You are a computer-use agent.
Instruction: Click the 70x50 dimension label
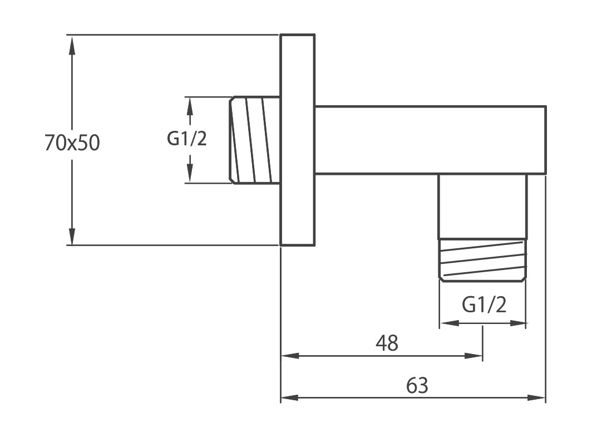pos(72,144)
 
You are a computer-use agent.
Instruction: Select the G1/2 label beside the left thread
pos(186,139)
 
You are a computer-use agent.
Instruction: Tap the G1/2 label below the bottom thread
pos(484,305)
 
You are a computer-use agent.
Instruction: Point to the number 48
pos(387,343)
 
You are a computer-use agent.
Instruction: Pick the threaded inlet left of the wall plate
pos(255,140)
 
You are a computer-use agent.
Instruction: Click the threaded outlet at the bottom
pos(482,260)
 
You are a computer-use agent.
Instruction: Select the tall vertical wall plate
pos(297,140)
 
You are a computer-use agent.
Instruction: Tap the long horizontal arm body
pos(430,140)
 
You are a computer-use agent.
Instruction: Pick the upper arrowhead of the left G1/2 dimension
pos(190,105)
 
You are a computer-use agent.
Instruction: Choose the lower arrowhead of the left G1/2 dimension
pos(190,174)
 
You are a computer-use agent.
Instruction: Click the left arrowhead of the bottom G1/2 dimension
pos(447,323)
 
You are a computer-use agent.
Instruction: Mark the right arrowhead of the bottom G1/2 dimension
pos(519,323)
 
